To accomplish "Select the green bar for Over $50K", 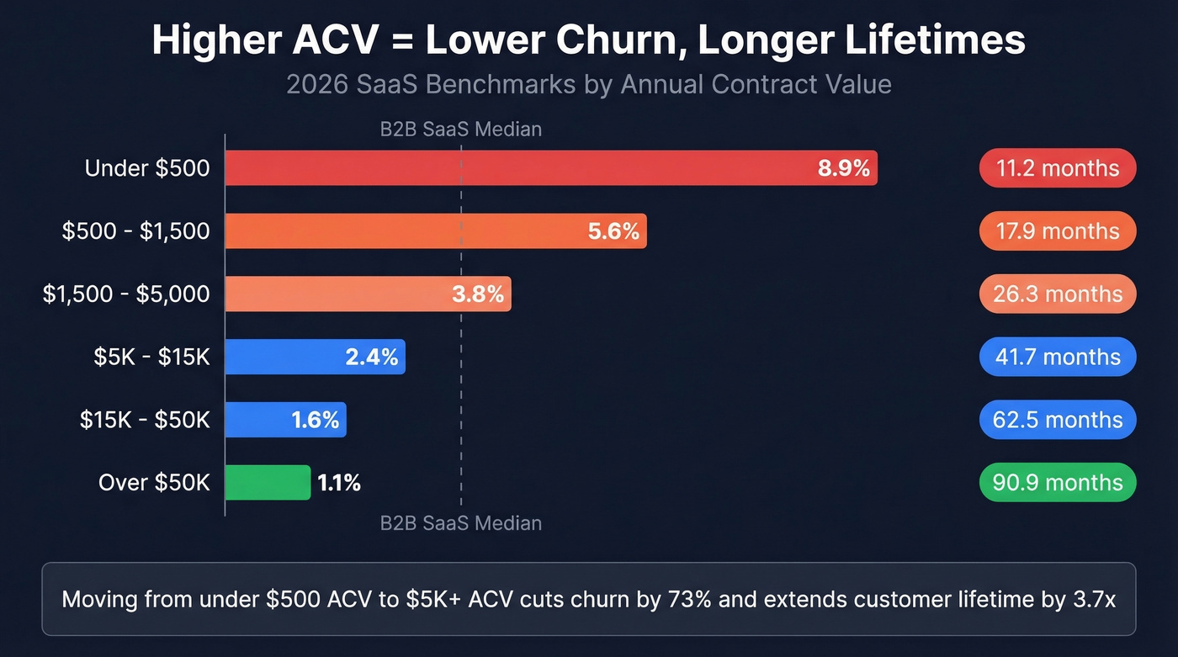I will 268,483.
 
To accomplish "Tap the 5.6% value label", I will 613,231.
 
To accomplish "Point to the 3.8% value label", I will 478,294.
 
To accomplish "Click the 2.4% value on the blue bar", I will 371,357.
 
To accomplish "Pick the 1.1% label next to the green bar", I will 339,483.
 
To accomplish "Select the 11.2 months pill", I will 1058,168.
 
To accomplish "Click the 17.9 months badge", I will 1058,231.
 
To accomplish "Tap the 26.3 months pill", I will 1058,294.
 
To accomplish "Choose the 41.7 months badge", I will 1058,357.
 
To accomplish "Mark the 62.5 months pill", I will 1058,420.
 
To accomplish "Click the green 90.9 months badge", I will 1058,483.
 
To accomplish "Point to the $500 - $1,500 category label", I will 135,231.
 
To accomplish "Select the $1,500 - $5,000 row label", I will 126,294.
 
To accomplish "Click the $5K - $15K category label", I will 151,357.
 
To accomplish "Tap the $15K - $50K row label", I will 145,420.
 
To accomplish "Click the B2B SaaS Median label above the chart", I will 460,130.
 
